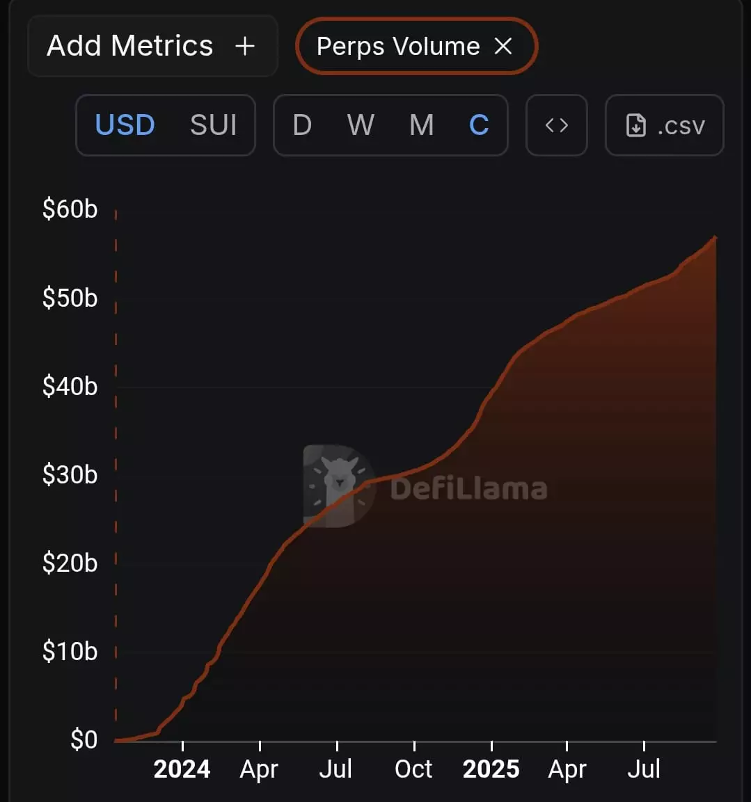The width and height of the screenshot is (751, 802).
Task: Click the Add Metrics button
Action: [152, 46]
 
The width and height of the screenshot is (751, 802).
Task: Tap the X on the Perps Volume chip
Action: [503, 46]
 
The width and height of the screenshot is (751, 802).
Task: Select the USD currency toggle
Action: [125, 125]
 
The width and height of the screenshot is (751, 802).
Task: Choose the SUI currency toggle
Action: [213, 125]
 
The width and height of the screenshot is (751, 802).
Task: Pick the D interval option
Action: [302, 125]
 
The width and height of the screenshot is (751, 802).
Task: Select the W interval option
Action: [361, 125]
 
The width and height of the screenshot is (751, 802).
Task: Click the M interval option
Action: [421, 125]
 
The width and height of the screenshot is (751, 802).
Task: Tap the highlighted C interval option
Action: [479, 125]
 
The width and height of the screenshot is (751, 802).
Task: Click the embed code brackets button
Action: [557, 125]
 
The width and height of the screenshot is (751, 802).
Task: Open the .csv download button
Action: [665, 125]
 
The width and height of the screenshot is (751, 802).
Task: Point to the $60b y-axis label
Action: [70, 209]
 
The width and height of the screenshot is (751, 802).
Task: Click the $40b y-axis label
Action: [70, 386]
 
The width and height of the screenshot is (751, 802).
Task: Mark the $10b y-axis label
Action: [70, 651]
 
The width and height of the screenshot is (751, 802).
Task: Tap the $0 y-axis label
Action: [84, 739]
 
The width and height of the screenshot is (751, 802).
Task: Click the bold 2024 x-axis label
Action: [182, 769]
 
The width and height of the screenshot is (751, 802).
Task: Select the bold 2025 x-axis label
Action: [491, 769]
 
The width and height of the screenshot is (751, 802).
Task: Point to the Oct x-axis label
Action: [413, 769]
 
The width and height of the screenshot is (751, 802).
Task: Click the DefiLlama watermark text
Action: [468, 488]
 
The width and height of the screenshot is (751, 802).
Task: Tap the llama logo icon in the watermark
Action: [339, 486]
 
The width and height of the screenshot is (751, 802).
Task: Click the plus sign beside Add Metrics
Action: [245, 46]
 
